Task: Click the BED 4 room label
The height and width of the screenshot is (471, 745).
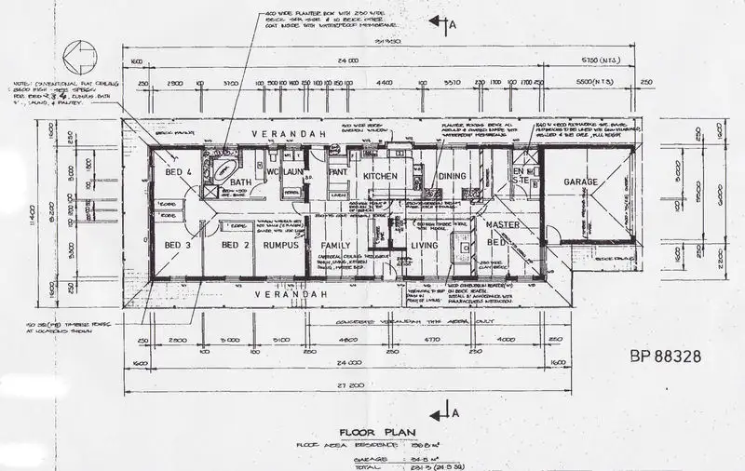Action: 178,172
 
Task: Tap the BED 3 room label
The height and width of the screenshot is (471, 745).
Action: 177,245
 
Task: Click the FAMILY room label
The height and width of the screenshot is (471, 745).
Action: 334,245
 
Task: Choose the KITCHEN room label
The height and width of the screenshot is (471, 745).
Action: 381,175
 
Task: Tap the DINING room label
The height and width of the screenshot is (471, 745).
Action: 453,175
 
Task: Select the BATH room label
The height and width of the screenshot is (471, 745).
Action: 241,182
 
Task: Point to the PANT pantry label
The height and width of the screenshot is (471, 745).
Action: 338,172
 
